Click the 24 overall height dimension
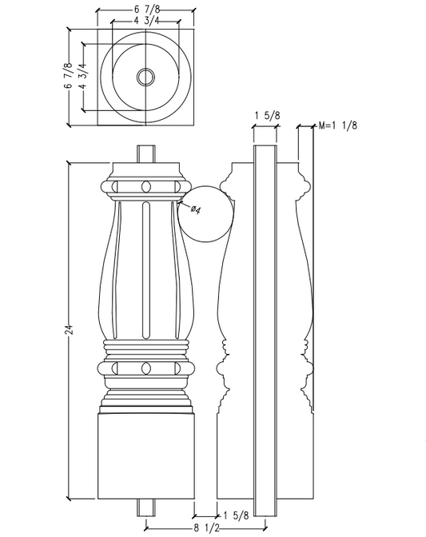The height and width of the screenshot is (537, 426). click(70, 329)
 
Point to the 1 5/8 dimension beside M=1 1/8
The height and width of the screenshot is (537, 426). click(267, 116)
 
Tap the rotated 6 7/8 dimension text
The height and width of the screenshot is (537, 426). click(69, 76)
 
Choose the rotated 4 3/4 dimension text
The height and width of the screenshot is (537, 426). click(82, 76)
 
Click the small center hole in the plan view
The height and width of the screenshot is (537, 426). click(145, 77)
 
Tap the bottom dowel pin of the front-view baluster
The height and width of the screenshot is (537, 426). click(145, 505)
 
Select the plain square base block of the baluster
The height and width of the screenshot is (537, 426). click(145, 455)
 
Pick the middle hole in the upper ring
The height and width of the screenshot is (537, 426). click(145, 187)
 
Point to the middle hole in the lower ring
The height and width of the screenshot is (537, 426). click(145, 368)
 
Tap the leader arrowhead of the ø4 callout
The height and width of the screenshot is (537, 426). click(181, 202)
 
